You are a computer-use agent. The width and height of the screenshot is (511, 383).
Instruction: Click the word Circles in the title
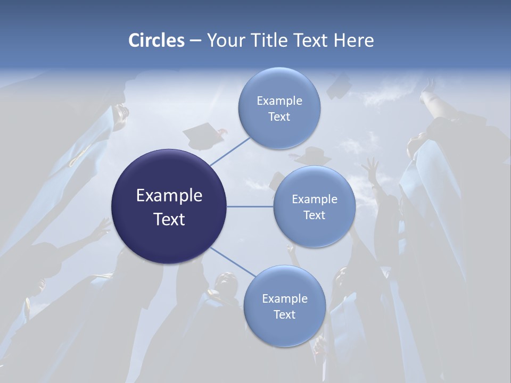pyautogui.click(x=156, y=40)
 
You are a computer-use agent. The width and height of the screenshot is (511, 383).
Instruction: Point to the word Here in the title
pyautogui.click(x=353, y=40)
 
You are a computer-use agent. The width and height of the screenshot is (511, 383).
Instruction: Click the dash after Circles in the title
pyautogui.click(x=195, y=41)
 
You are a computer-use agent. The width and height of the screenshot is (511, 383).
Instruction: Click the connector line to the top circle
pyautogui.click(x=230, y=151)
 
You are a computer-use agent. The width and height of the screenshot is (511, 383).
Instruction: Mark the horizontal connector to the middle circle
pyautogui.click(x=250, y=206)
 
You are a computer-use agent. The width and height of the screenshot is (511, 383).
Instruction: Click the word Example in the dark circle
pyautogui.click(x=169, y=196)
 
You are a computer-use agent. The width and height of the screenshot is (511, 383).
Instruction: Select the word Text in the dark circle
pyautogui.click(x=169, y=219)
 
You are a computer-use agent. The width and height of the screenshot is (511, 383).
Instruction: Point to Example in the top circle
pyautogui.click(x=279, y=101)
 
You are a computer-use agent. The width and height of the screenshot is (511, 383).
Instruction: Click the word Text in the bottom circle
pyautogui.click(x=285, y=314)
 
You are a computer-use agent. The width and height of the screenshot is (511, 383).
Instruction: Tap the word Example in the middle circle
pyautogui.click(x=315, y=199)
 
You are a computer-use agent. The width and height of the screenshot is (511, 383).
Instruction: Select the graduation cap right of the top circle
pyautogui.click(x=339, y=86)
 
